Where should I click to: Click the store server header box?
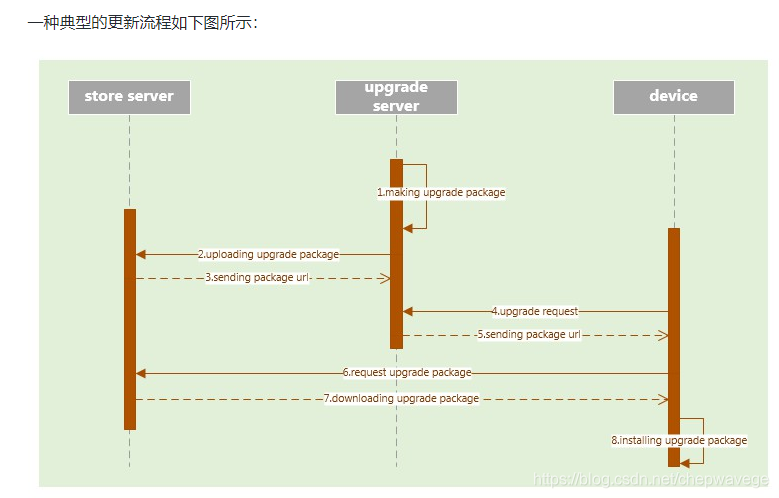[x=129, y=97]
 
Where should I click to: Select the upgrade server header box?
[x=396, y=97]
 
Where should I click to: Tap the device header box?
[x=673, y=97]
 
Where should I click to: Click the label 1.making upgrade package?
[x=441, y=192]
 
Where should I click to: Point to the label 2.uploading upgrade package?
[x=268, y=255]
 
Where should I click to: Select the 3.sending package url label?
[x=257, y=278]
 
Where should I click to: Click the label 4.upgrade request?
[x=534, y=312]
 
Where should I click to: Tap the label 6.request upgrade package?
[x=406, y=373]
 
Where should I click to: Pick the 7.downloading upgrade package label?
[x=401, y=399]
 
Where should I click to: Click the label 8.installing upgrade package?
[x=679, y=440]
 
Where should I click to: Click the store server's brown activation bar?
[x=130, y=320]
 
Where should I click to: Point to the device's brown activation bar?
[x=673, y=345]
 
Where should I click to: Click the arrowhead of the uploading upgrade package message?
[x=141, y=255]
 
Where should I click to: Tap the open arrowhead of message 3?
[x=384, y=278]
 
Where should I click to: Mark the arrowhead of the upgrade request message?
[x=408, y=312]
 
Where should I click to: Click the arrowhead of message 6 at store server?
[x=141, y=373]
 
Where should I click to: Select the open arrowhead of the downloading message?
[x=662, y=399]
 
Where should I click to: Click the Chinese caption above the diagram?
[x=142, y=22]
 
